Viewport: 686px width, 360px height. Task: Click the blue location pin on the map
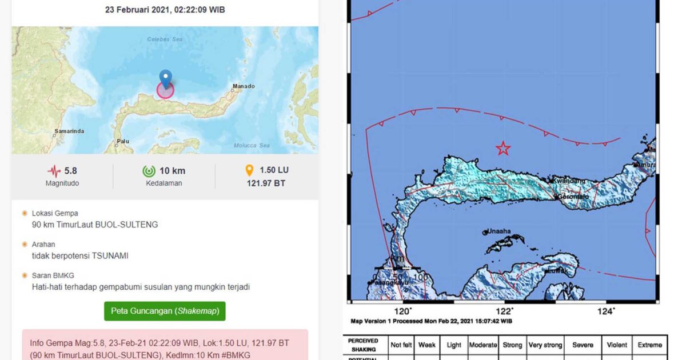pos(166,79)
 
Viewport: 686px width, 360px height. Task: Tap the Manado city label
pos(243,87)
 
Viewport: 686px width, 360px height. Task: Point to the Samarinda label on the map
pos(69,131)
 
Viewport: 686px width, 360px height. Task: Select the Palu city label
pos(122,141)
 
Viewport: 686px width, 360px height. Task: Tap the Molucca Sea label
pos(252,146)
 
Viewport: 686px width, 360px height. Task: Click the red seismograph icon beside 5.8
pos(54,171)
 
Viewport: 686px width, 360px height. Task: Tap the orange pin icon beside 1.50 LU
pos(249,170)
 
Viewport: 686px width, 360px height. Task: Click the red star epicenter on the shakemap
pos(503,149)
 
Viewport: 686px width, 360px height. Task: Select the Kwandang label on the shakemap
pos(568,181)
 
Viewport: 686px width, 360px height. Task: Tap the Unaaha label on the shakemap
pos(498,231)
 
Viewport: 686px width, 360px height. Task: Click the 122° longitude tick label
pos(504,311)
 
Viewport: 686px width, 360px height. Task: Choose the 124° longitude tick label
pos(605,311)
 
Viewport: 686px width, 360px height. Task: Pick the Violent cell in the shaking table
pos(618,345)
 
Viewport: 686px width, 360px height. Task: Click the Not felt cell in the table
pos(401,345)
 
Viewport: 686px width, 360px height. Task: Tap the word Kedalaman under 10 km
pos(163,183)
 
